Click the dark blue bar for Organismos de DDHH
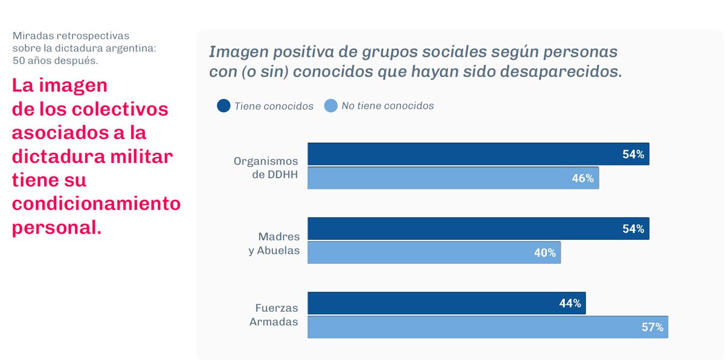(x=477, y=154)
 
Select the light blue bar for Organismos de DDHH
(x=453, y=178)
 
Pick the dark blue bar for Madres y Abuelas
(x=477, y=229)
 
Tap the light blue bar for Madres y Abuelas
(x=434, y=252)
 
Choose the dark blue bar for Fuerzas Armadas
(x=446, y=303)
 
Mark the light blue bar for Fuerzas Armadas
(x=487, y=327)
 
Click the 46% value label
(x=582, y=178)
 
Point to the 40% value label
(x=544, y=252)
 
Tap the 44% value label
(x=570, y=303)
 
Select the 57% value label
(x=652, y=327)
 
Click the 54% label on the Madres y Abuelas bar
(x=633, y=229)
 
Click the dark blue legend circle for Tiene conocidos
(x=224, y=106)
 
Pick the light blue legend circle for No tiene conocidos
(x=330, y=106)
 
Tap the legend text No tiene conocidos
(x=387, y=106)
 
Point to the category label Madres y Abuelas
(x=274, y=243)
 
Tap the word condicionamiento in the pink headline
(x=96, y=204)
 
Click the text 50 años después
(x=55, y=60)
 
